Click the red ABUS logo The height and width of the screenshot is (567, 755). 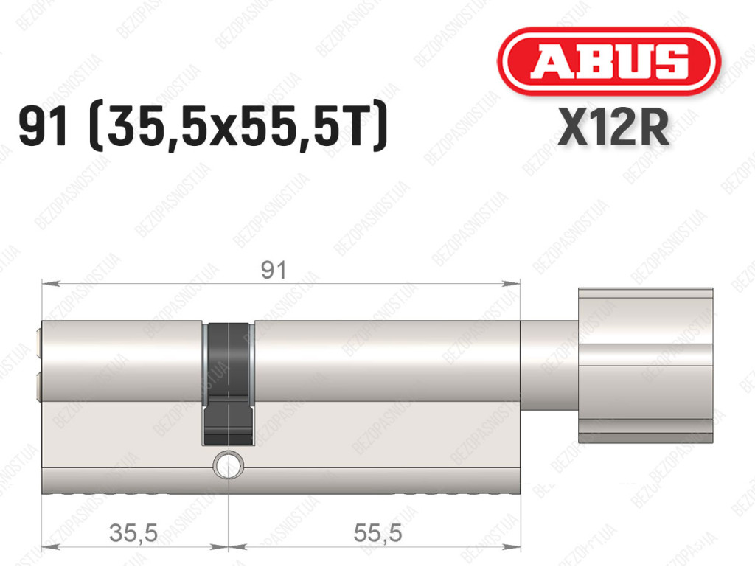click(608, 61)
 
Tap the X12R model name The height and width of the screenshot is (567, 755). click(613, 127)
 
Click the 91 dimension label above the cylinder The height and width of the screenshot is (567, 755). click(274, 270)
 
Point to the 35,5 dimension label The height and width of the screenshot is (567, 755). click(133, 533)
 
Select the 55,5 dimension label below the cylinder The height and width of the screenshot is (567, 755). click(377, 533)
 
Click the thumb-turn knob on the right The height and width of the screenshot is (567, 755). click(645, 365)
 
